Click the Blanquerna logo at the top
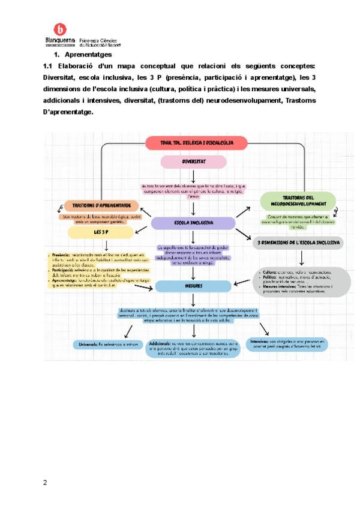[x=60, y=30]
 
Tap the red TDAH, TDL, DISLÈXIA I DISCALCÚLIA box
[x=196, y=143]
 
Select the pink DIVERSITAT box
[x=194, y=161]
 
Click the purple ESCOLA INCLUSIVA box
[x=193, y=223]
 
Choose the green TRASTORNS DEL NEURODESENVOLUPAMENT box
[x=299, y=200]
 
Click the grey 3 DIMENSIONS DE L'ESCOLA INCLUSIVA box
[x=298, y=243]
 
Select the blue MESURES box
[x=193, y=286]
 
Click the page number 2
[x=45, y=482]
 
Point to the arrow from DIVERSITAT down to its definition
[x=194, y=176]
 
